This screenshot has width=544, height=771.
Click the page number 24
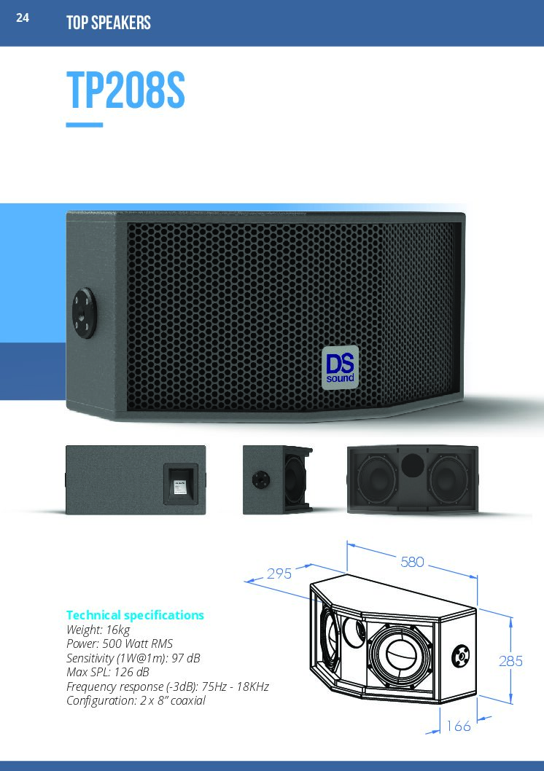[23, 17]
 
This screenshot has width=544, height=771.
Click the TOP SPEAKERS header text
[109, 23]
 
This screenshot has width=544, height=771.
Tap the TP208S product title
[125, 90]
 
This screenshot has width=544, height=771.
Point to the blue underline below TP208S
[85, 125]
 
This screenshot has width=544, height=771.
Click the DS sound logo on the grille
[340, 367]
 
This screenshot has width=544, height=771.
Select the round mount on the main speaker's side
[85, 313]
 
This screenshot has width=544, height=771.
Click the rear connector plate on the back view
[181, 483]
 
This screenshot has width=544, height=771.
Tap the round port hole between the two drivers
[412, 465]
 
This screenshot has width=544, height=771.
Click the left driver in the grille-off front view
[377, 480]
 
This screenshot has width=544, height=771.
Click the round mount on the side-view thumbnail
[260, 480]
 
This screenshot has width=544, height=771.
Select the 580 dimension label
[412, 562]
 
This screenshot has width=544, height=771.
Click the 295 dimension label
[279, 574]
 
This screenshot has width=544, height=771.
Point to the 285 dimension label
[511, 661]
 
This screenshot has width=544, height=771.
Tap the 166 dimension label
[459, 726]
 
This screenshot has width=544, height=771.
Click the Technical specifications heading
[135, 615]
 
